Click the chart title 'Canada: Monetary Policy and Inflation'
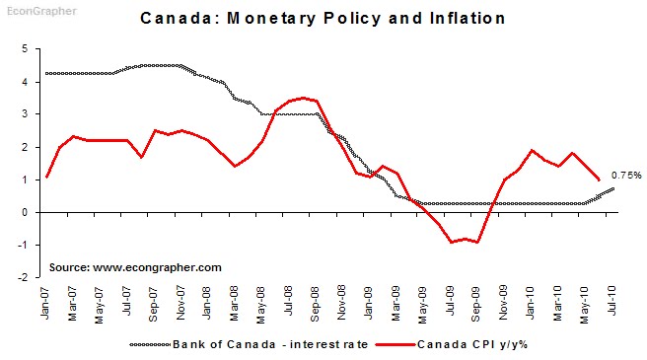[323, 18]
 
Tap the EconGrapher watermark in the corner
[33, 7]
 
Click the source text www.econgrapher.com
[135, 266]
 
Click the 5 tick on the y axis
[26, 48]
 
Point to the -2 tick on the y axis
[24, 277]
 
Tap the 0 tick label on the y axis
[26, 212]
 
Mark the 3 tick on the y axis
[26, 114]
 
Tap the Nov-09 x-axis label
[504, 299]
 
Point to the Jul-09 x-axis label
[450, 299]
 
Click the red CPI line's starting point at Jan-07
[46, 177]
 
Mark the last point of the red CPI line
[598, 180]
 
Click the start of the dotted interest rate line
[46, 73]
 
